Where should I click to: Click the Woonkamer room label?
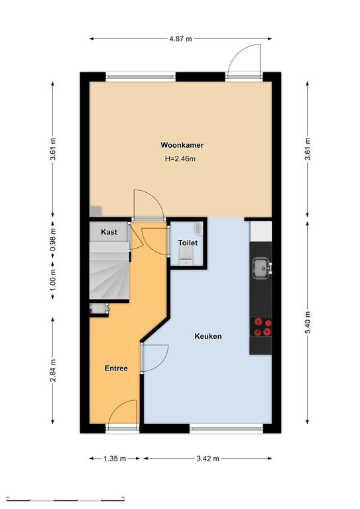coord(182,144)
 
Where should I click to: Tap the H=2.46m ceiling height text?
coord(180,159)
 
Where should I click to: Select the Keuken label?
coord(208,336)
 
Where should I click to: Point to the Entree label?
coord(116,368)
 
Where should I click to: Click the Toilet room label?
coord(188,243)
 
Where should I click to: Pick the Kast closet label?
coord(109,232)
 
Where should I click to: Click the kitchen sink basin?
coord(261,268)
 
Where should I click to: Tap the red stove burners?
coord(263,327)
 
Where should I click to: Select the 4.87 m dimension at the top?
coord(180,39)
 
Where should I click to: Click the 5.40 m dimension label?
coord(308,322)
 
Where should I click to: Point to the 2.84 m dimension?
coord(53,370)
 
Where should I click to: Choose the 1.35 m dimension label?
coord(114,459)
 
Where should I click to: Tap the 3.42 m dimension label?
coord(208,459)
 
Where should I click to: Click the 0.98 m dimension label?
coord(53,239)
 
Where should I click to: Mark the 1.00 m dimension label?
coord(53,280)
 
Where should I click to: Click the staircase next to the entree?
coord(109,270)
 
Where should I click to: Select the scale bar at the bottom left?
coord(65,499)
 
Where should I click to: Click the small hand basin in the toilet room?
coord(199,228)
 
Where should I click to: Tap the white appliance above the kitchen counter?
coord(261,231)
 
